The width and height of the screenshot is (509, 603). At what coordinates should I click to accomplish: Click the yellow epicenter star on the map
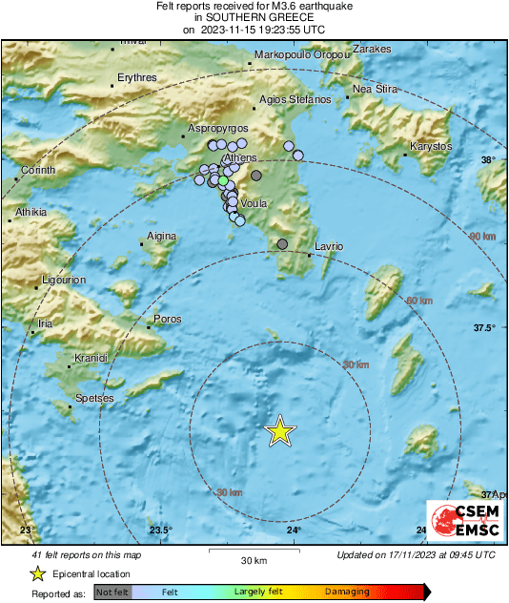tap(279, 431)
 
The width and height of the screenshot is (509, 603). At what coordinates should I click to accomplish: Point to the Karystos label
tap(431, 146)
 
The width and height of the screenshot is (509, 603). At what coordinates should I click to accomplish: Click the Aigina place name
tap(162, 235)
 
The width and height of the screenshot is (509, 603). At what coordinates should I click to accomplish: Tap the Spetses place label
tap(94, 398)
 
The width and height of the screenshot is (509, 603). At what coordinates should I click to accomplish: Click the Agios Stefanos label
tap(295, 98)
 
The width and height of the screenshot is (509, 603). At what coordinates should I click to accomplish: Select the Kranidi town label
tap(92, 358)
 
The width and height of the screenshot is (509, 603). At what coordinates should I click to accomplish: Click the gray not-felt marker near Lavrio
tap(282, 244)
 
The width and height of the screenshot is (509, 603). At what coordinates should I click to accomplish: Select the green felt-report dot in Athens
tap(223, 180)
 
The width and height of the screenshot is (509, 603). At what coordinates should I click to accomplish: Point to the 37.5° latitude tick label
tap(484, 328)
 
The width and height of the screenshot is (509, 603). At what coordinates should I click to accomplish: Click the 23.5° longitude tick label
tap(160, 530)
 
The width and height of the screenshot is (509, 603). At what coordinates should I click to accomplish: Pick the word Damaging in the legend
tap(346, 593)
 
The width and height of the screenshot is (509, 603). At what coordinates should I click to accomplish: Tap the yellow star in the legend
tap(37, 573)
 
